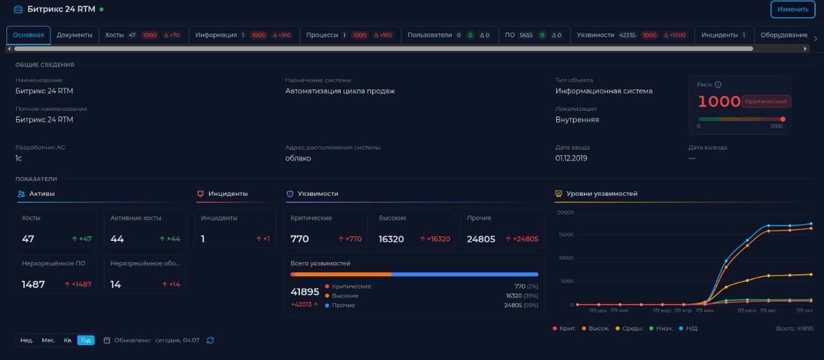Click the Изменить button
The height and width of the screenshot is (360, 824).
pyautogui.click(x=792, y=9)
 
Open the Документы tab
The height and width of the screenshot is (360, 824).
pyautogui.click(x=74, y=35)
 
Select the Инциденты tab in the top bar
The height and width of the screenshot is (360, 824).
pyautogui.click(x=724, y=35)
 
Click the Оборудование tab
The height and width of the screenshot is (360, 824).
pyautogui.click(x=784, y=35)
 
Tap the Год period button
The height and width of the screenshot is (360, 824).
pyautogui.click(x=86, y=340)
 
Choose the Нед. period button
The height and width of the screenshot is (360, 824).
pyautogui.click(x=26, y=340)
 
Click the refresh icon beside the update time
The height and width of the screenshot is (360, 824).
pyautogui.click(x=211, y=340)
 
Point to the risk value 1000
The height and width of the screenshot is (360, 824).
pyautogui.click(x=719, y=101)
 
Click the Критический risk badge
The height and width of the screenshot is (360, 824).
pyautogui.click(x=766, y=101)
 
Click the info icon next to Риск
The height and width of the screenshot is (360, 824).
pyautogui.click(x=718, y=84)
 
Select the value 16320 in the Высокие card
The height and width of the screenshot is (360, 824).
pyautogui.click(x=391, y=239)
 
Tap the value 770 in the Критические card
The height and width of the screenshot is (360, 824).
pyautogui.click(x=299, y=239)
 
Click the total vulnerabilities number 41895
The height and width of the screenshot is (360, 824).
pyautogui.click(x=304, y=292)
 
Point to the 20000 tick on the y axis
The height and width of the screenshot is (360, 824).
pyautogui.click(x=565, y=213)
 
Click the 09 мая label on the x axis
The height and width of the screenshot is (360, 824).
pyautogui.click(x=705, y=310)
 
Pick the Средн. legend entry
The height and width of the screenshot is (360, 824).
pyautogui.click(x=630, y=328)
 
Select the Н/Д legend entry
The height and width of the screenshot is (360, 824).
pyautogui.click(x=688, y=328)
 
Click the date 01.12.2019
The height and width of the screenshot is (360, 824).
pyautogui.click(x=571, y=158)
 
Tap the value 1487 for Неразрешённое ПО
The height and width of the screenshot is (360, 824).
pyautogui.click(x=33, y=285)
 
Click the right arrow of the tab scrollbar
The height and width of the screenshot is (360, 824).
pyautogui.click(x=805, y=48)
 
